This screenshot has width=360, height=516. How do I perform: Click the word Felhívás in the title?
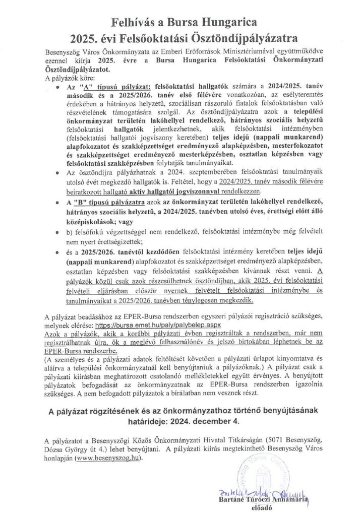click(x=137, y=21)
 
